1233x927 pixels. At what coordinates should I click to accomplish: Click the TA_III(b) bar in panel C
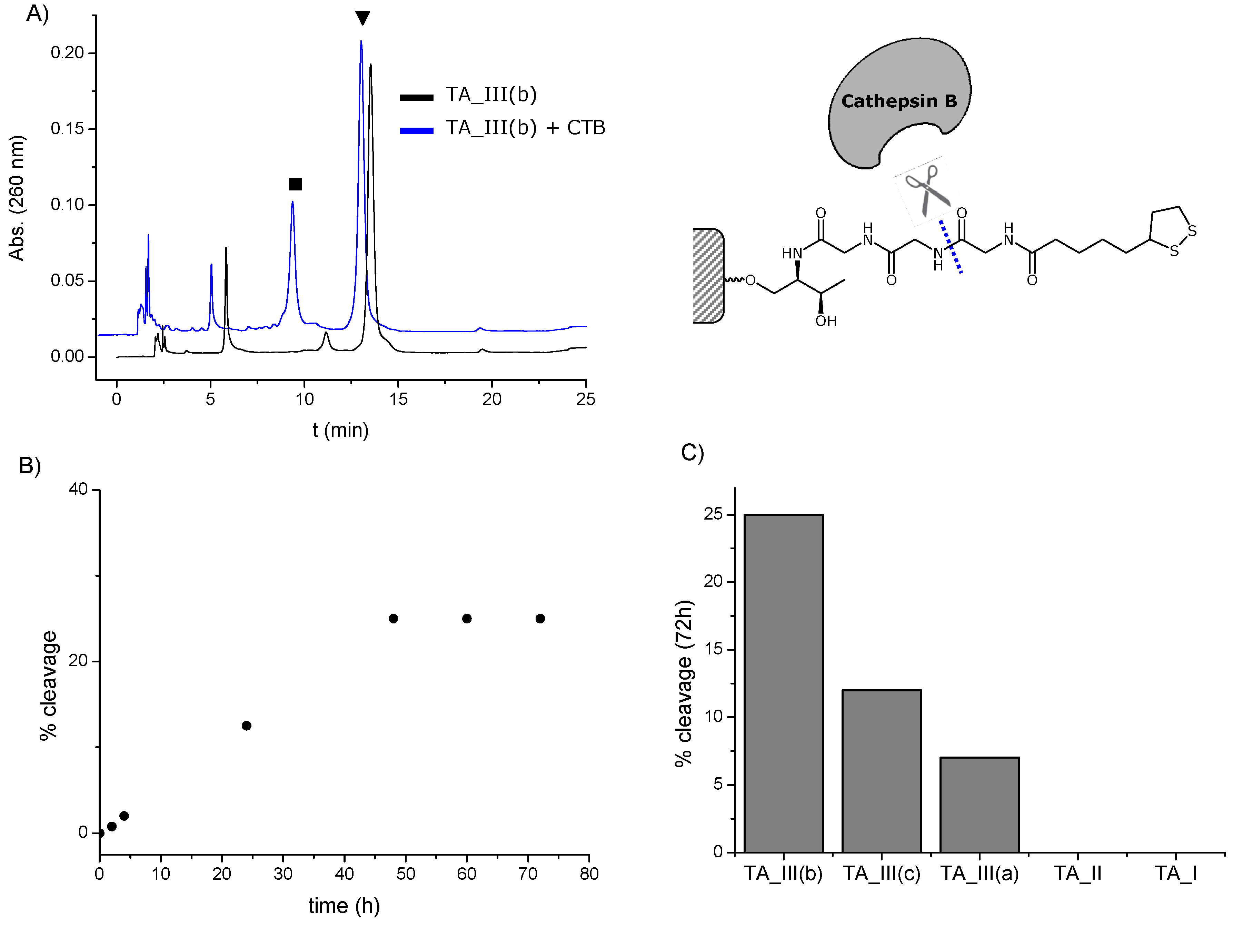tap(783, 683)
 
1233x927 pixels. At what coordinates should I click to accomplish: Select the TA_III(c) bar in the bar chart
tap(881, 771)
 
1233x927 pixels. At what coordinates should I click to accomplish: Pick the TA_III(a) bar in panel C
tap(980, 805)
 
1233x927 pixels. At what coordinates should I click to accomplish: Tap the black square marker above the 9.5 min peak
tap(296, 184)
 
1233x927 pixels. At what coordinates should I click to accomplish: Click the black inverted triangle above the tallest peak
tap(362, 18)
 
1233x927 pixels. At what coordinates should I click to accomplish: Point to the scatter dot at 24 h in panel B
tap(246, 725)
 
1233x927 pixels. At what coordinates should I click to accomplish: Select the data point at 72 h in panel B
tap(539, 618)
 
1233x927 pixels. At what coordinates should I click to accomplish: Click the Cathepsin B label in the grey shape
tap(898, 101)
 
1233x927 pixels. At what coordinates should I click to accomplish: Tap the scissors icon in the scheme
tap(926, 191)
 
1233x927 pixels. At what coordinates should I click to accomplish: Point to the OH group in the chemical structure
tap(826, 321)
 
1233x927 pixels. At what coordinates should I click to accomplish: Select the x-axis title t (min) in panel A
tap(340, 430)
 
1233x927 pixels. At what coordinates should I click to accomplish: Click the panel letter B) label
tap(30, 465)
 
